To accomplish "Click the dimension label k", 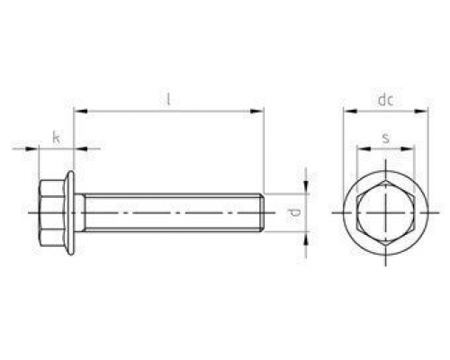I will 56,137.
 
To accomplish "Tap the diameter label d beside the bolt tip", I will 293,213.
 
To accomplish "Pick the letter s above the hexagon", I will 386,138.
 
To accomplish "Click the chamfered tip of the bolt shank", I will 261,213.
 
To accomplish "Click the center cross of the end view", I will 386,213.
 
